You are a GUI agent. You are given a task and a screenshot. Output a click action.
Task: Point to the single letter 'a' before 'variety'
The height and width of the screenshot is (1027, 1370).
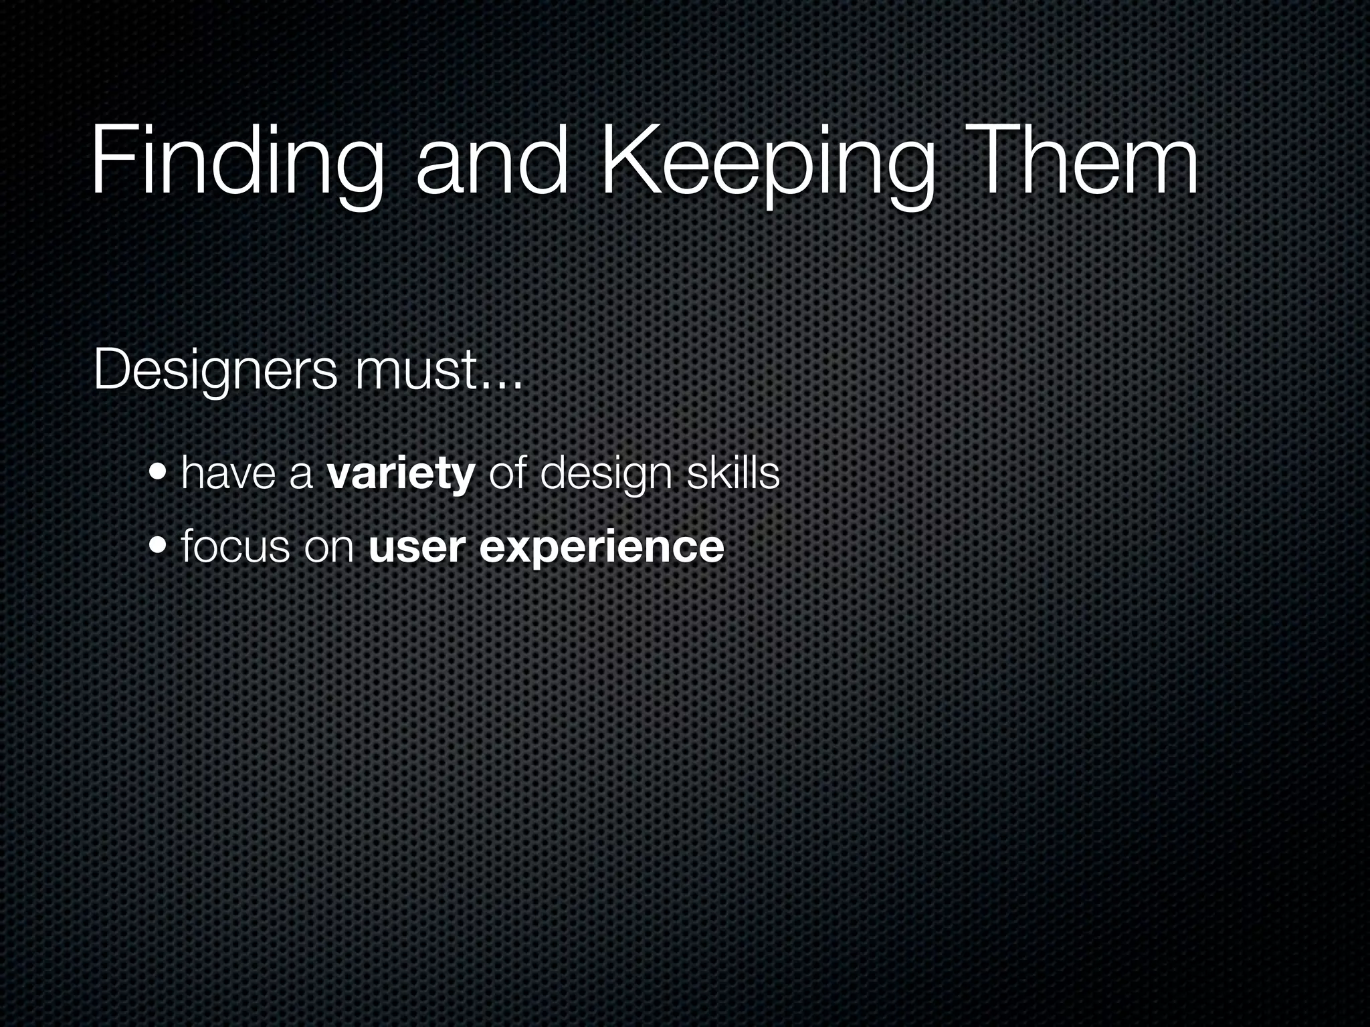301,476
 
